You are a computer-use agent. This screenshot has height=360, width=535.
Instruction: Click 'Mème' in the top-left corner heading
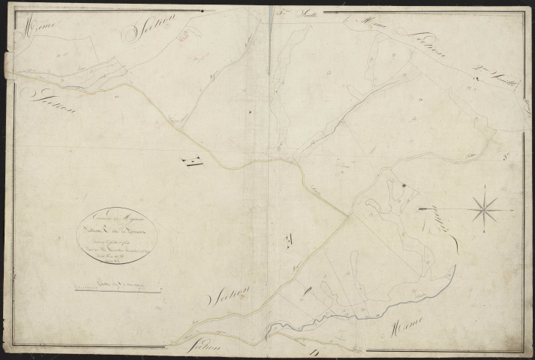pos(46,31)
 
